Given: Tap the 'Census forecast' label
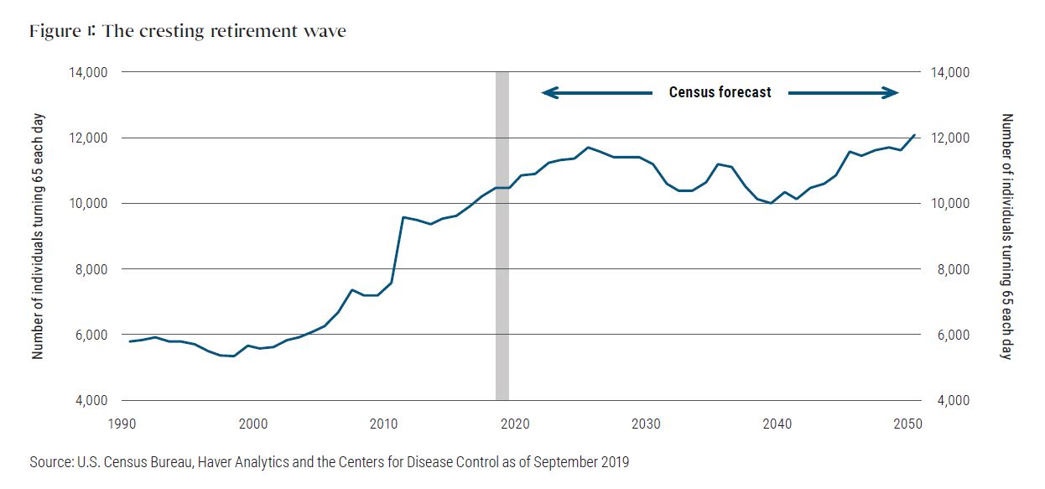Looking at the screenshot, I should (720, 92).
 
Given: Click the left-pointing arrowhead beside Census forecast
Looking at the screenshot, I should (548, 92).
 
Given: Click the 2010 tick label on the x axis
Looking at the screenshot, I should (384, 424).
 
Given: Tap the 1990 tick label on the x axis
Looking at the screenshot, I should (122, 424).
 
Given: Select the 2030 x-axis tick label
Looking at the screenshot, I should (646, 424).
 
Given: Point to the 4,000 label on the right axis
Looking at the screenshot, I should (954, 400).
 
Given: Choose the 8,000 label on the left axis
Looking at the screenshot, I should (87, 269).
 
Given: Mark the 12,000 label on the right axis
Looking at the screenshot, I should (954, 138).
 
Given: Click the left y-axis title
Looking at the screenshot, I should (38, 236).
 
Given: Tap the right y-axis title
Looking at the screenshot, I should (1008, 236).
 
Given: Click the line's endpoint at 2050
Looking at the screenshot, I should (914, 135).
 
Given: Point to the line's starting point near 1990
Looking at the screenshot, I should (130, 341).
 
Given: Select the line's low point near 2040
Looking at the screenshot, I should (770, 203).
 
